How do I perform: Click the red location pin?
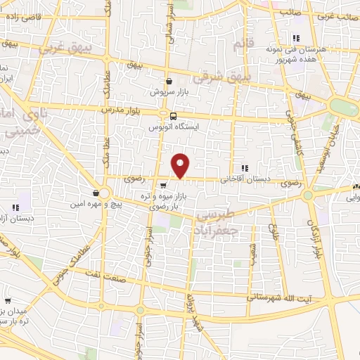coord(181,165)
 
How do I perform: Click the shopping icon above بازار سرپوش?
coord(169,82)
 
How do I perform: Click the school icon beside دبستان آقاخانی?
coord(245,168)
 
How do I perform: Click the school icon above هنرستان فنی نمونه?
coord(296,39)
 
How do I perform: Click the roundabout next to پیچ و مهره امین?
coord(105,193)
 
